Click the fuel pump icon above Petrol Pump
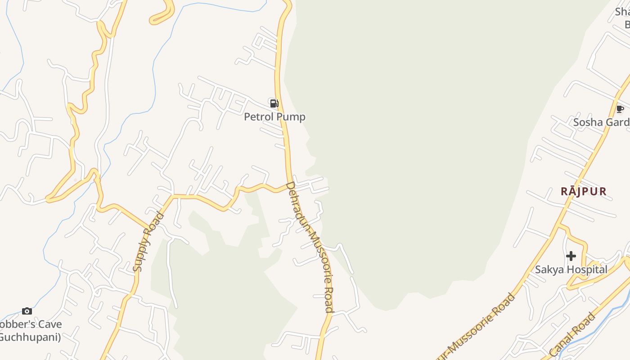click(274, 103)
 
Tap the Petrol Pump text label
click(274, 117)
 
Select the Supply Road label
click(148, 242)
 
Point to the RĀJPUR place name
click(584, 191)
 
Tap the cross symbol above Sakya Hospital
click(571, 256)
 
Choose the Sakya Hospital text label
click(571, 270)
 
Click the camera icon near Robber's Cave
click(27, 311)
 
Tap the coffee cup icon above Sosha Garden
click(620, 109)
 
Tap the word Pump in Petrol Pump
click(291, 117)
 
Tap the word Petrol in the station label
click(259, 117)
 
